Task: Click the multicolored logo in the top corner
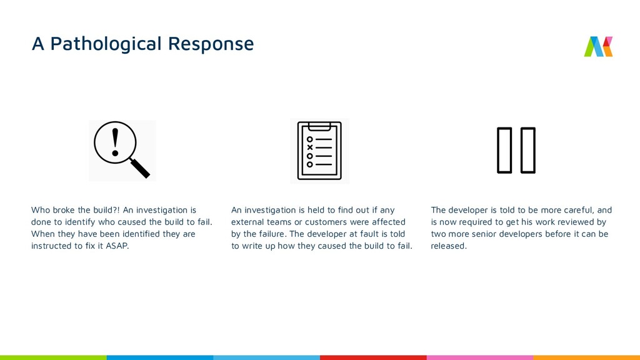point(598,46)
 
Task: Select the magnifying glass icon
point(121,150)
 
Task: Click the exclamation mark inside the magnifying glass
point(114,143)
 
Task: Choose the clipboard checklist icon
point(319,151)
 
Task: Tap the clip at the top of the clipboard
point(319,123)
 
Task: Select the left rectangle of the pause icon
point(504,149)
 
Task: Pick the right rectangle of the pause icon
point(527,149)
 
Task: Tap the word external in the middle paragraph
point(247,222)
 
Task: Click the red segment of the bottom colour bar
point(373,357)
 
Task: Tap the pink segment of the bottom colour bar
point(479,357)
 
